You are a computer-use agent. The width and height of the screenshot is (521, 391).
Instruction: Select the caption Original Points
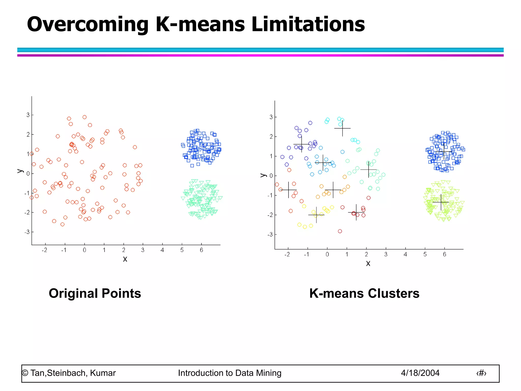pos(95,293)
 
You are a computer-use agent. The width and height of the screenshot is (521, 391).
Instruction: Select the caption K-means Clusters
pos(364,293)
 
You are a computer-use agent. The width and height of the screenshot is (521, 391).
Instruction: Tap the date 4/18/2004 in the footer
pos(420,373)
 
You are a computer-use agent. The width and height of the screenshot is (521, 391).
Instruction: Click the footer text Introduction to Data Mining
pos(229,373)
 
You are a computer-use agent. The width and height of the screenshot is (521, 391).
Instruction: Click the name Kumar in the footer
pos(103,373)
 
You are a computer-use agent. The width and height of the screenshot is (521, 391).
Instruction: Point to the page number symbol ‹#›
pos(481,373)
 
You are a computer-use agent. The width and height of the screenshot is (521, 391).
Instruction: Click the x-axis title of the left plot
pos(125,259)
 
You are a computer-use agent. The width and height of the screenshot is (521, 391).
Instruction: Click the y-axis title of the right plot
pos(263,175)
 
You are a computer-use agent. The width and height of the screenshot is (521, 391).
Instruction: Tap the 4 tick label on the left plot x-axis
pos(162,250)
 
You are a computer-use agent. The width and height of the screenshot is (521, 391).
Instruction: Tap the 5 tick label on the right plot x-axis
pos(425,254)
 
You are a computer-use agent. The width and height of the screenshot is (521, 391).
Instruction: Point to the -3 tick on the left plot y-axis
pos(27,232)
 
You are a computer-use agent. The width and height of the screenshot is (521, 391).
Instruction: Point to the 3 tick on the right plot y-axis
pos(271,117)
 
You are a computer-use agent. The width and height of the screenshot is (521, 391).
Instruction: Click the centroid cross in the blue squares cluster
pos(444,152)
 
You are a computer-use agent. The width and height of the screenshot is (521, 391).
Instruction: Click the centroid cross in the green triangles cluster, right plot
pos(441,202)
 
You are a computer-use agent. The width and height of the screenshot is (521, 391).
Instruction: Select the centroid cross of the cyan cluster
pos(342,128)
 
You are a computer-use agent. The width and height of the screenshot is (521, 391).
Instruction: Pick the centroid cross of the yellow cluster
pos(316,215)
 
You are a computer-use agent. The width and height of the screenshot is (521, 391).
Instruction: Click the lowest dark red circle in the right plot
pos(340,231)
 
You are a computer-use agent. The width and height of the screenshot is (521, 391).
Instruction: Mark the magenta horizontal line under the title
pos(260,55)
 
